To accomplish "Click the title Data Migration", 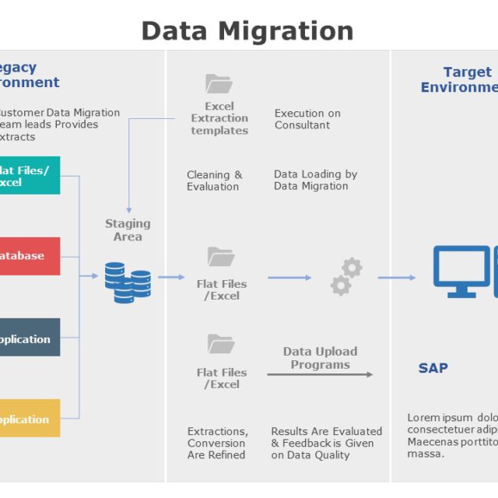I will [247, 30].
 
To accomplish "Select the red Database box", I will [30, 256].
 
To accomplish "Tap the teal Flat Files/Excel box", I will [30, 176].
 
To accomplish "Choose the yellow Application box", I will [30, 419].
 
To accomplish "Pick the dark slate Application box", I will [30, 338].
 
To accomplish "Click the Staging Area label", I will [128, 230].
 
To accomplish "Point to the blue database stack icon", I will [128, 282].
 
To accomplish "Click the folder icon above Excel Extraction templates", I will [219, 83].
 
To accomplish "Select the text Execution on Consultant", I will [307, 119].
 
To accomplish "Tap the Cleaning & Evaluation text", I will [214, 181].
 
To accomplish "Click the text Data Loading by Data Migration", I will [315, 180].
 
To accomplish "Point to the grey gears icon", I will [345, 277].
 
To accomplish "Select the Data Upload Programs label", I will [320, 358].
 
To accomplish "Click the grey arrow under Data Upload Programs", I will [320, 374].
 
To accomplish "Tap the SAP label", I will [433, 368].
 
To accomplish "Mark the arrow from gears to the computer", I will [397, 278].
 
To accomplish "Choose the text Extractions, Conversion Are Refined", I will [217, 443].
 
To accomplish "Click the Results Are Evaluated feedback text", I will [326, 443].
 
